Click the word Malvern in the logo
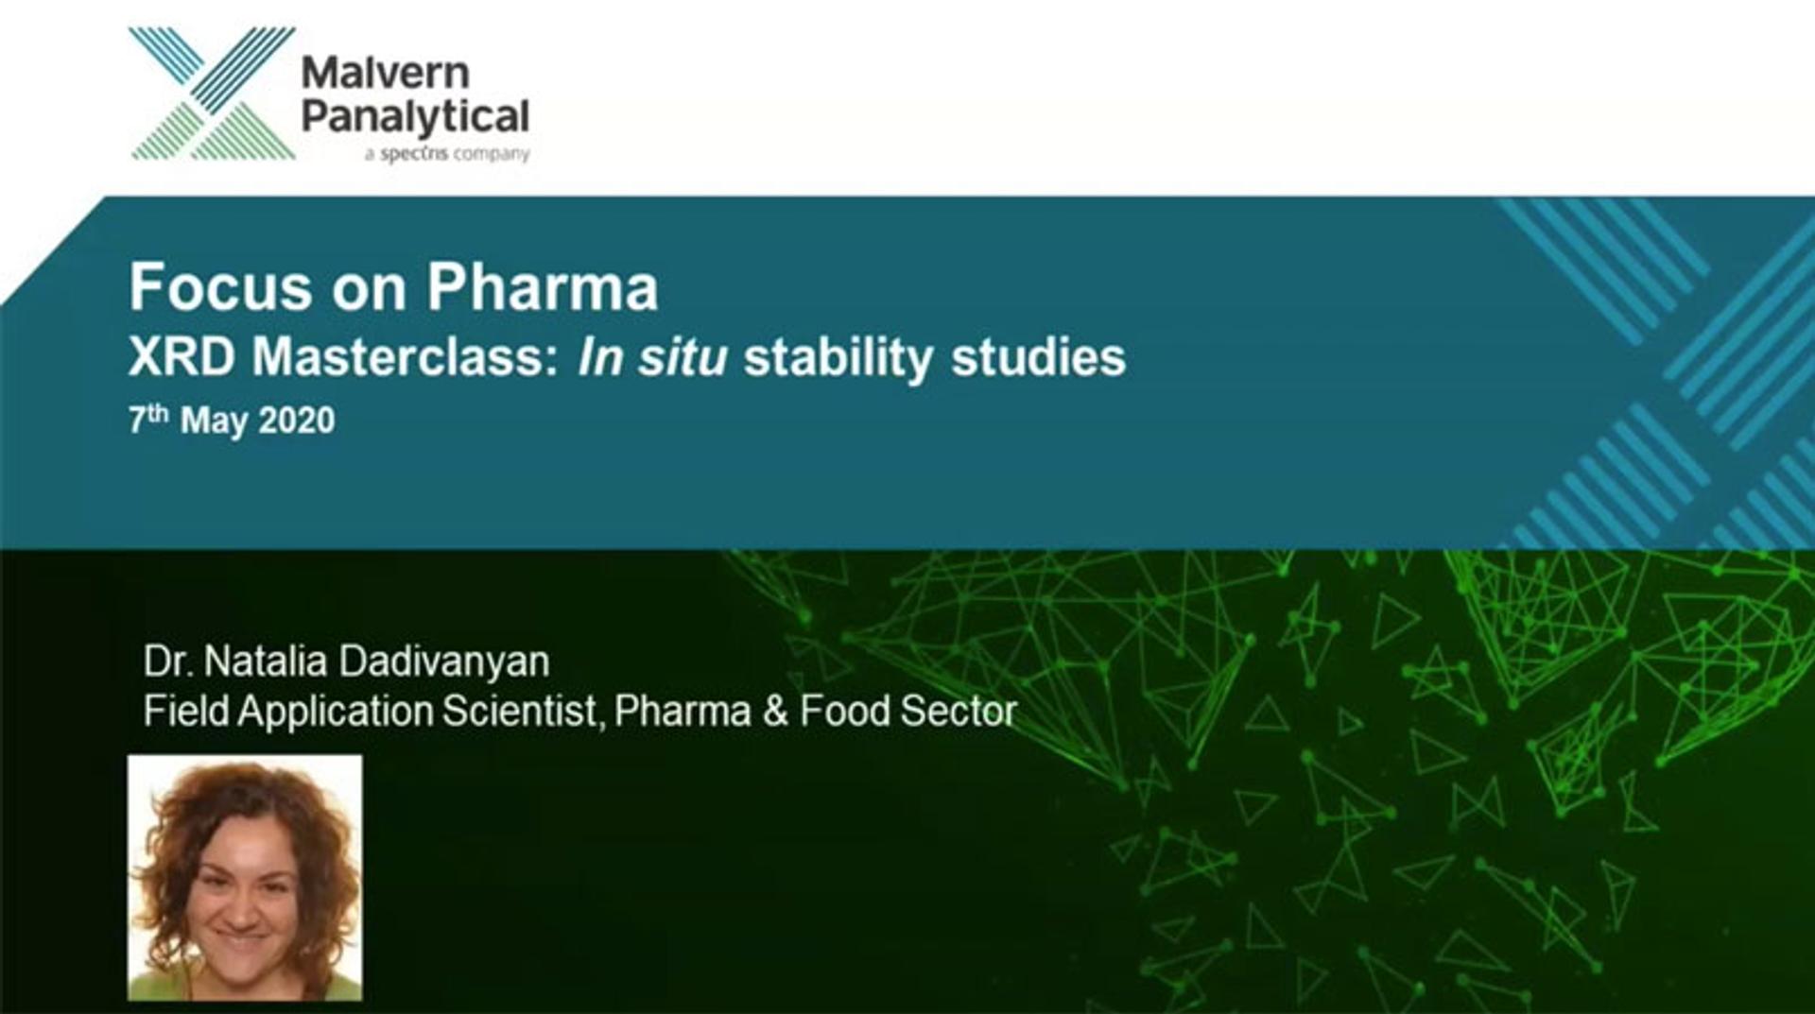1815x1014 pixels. click(x=385, y=74)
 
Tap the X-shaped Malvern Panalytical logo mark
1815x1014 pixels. click(x=213, y=94)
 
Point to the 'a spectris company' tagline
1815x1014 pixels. click(x=447, y=154)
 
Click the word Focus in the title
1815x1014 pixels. click(x=220, y=286)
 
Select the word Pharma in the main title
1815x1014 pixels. click(x=542, y=286)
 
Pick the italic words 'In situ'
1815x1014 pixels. click(x=653, y=357)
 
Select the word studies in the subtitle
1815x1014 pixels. click(x=1039, y=357)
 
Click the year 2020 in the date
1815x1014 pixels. click(x=296, y=421)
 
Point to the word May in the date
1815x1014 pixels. click(x=215, y=422)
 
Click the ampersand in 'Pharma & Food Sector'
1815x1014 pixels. click(x=775, y=712)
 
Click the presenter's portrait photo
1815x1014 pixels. click(x=245, y=877)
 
